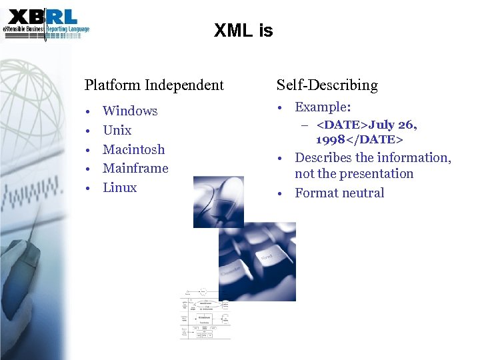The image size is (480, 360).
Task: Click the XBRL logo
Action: click(x=45, y=25)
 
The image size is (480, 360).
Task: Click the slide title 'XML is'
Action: click(x=243, y=31)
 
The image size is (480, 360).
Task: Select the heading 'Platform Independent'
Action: click(x=154, y=85)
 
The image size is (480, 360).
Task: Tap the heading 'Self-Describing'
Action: click(x=327, y=85)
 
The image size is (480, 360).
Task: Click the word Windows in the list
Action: click(x=130, y=111)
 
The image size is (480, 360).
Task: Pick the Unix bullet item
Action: click(x=117, y=131)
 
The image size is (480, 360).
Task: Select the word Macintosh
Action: click(x=133, y=149)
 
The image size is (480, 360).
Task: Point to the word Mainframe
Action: click(x=135, y=169)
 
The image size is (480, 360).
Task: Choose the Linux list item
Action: click(x=119, y=188)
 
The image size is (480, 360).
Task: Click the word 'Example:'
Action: click(x=323, y=107)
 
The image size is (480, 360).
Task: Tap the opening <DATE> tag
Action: click(x=342, y=125)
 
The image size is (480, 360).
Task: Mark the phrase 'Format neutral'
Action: click(x=339, y=193)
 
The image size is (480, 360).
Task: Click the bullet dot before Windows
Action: click(x=88, y=111)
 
